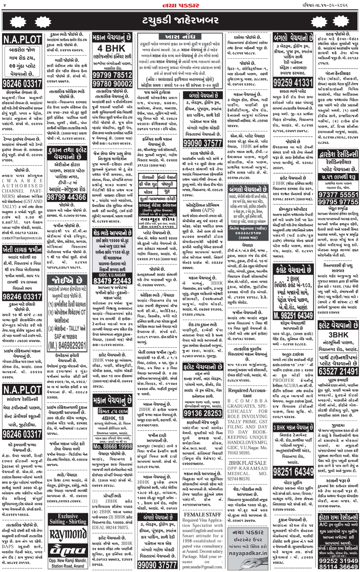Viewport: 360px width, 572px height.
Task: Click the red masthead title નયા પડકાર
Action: (x=181, y=5)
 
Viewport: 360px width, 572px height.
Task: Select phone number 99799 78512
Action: (x=112, y=75)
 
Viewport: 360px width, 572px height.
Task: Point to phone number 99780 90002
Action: (x=112, y=84)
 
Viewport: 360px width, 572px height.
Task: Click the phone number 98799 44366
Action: (x=67, y=197)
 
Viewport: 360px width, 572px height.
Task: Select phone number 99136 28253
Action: (x=202, y=413)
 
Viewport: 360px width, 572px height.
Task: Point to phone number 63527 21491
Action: (x=338, y=371)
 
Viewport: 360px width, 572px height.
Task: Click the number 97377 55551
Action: (x=338, y=195)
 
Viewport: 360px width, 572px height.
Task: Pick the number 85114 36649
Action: (x=338, y=566)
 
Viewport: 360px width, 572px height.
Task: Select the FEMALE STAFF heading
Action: (x=202, y=514)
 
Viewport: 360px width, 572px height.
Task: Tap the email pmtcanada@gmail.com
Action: (x=202, y=567)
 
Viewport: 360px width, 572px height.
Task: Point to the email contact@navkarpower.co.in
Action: (x=22, y=238)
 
